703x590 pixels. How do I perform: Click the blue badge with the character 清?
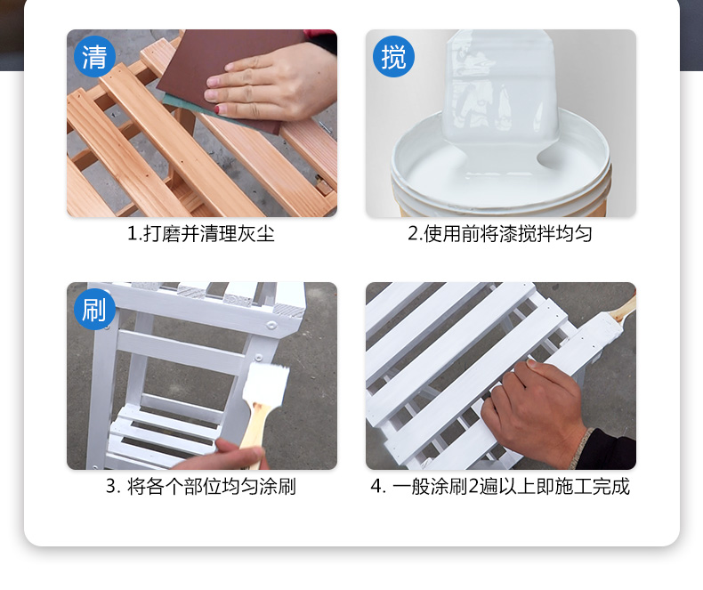94,56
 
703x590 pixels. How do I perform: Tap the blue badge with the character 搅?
393,56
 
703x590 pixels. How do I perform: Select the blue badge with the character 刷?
94,310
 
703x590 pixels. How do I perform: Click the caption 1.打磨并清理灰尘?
201,233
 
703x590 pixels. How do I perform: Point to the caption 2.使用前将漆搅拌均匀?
500,233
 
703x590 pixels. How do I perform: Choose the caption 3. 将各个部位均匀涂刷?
201,487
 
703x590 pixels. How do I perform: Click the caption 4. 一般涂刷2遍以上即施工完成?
500,487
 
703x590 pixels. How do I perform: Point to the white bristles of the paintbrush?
265,384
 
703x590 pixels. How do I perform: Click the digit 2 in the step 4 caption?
473,487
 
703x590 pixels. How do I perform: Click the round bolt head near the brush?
258,358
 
